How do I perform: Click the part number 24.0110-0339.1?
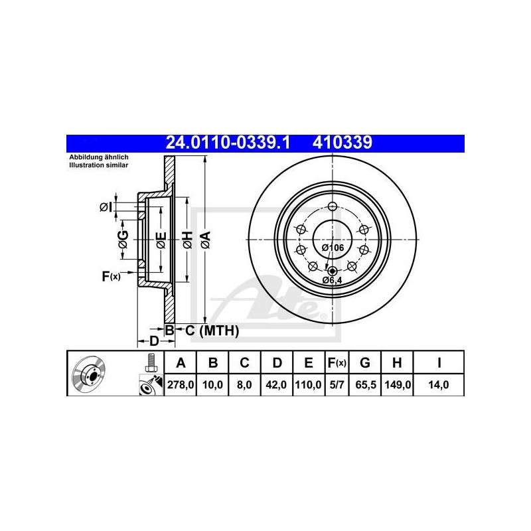[x=228, y=143]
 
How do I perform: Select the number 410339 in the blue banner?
[x=342, y=143]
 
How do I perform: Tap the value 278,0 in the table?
[x=181, y=385]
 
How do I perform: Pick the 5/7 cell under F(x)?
[x=337, y=385]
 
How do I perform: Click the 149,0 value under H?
[x=398, y=385]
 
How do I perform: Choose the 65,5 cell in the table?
[x=366, y=385]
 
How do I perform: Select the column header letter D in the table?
[x=277, y=363]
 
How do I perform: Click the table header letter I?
[x=439, y=363]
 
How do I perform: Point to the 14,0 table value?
[x=439, y=385]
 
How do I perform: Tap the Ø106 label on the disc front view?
[x=333, y=248]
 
